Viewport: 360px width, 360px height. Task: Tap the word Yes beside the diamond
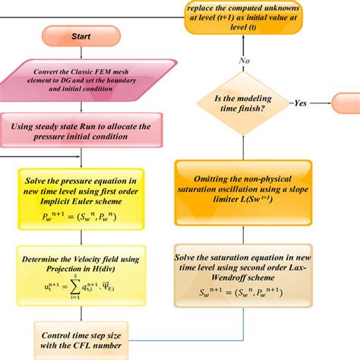(302, 103)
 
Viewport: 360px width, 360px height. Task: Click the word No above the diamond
(245, 60)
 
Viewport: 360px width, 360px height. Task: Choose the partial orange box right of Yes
(346, 103)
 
